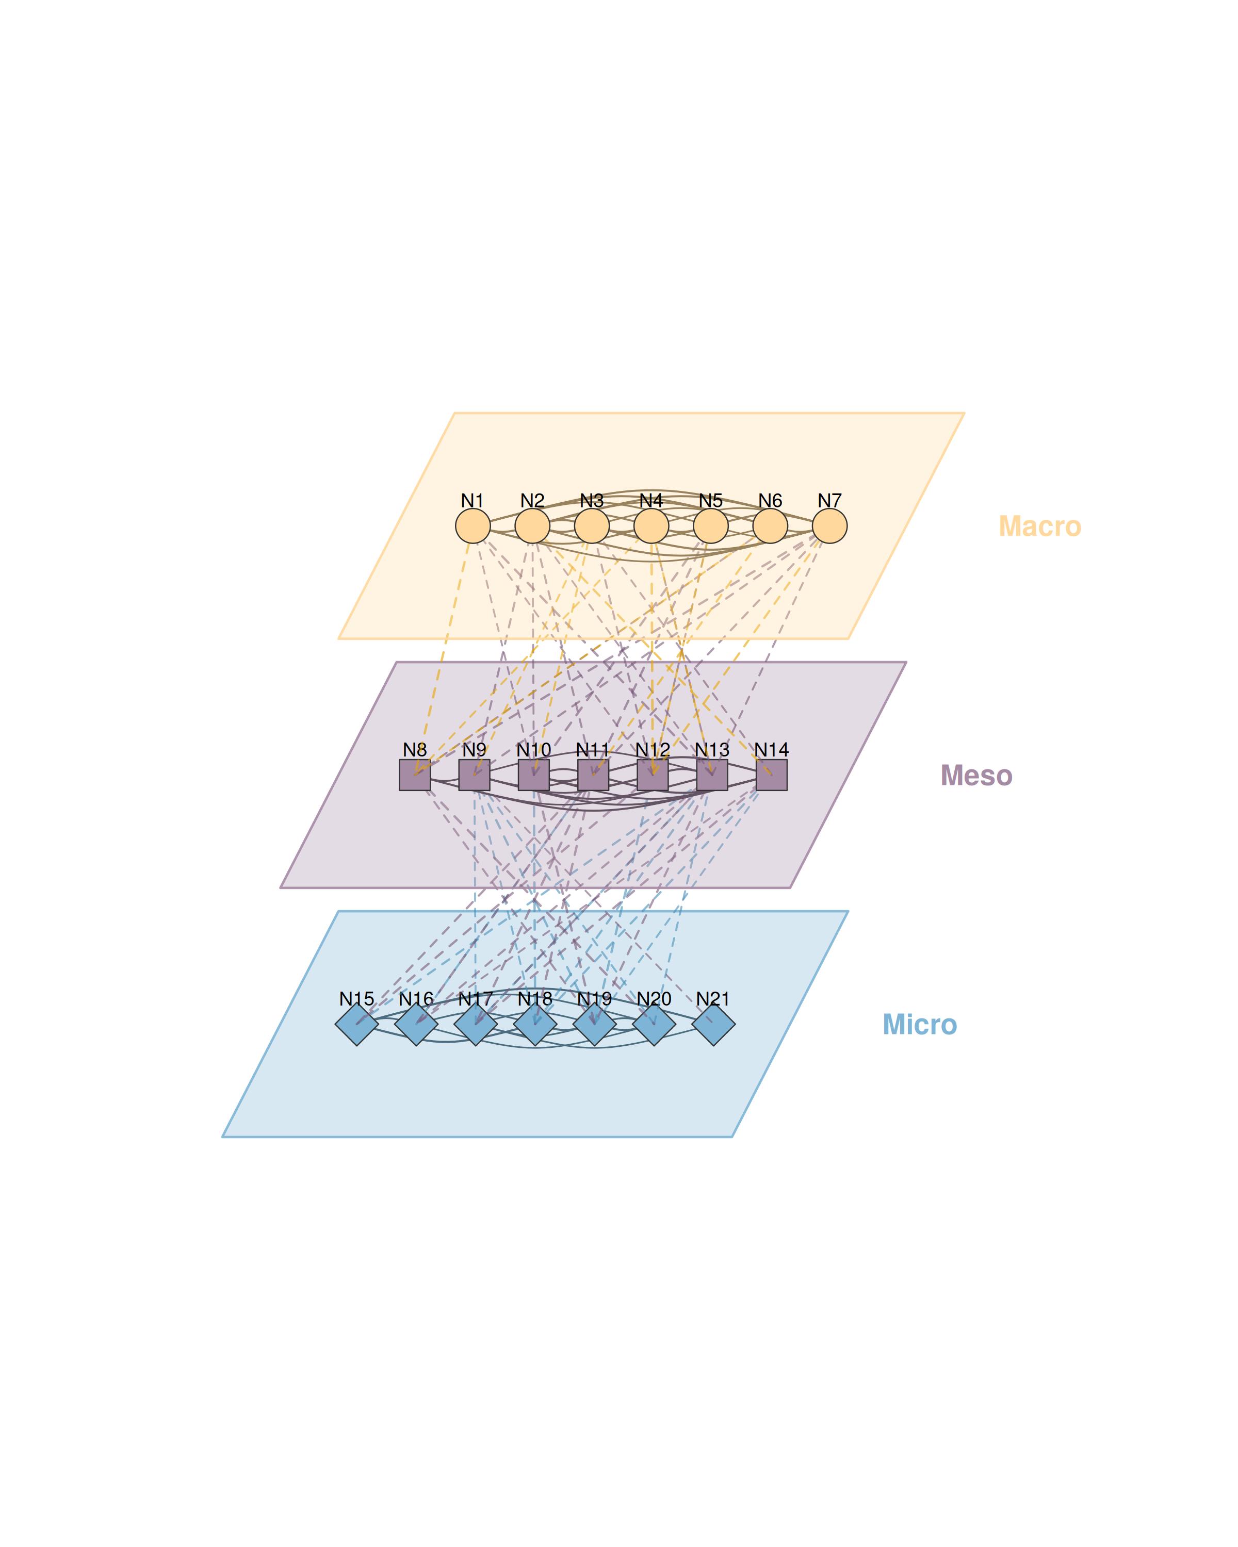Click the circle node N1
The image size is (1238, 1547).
[x=472, y=526]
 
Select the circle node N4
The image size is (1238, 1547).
[x=651, y=526]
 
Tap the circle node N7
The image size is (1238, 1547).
[x=829, y=526]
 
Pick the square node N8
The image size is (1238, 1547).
[x=415, y=775]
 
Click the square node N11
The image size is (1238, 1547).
[x=593, y=775]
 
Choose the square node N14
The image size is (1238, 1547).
[x=772, y=775]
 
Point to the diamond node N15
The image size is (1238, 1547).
[x=356, y=1024]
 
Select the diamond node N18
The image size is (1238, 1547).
[x=535, y=1024]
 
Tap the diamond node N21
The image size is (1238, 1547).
[x=713, y=1024]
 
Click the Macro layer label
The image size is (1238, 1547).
[x=1039, y=526]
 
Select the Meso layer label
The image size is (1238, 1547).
[x=976, y=776]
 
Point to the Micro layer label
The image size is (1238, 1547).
[x=919, y=1025]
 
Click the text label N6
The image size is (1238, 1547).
[x=770, y=500]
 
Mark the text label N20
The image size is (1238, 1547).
[x=654, y=998]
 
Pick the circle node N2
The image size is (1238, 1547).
[x=532, y=526]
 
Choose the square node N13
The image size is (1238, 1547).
[x=712, y=775]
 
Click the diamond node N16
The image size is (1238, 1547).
[x=416, y=1024]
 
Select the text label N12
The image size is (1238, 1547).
[x=653, y=749]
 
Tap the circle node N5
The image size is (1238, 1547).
[x=710, y=526]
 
